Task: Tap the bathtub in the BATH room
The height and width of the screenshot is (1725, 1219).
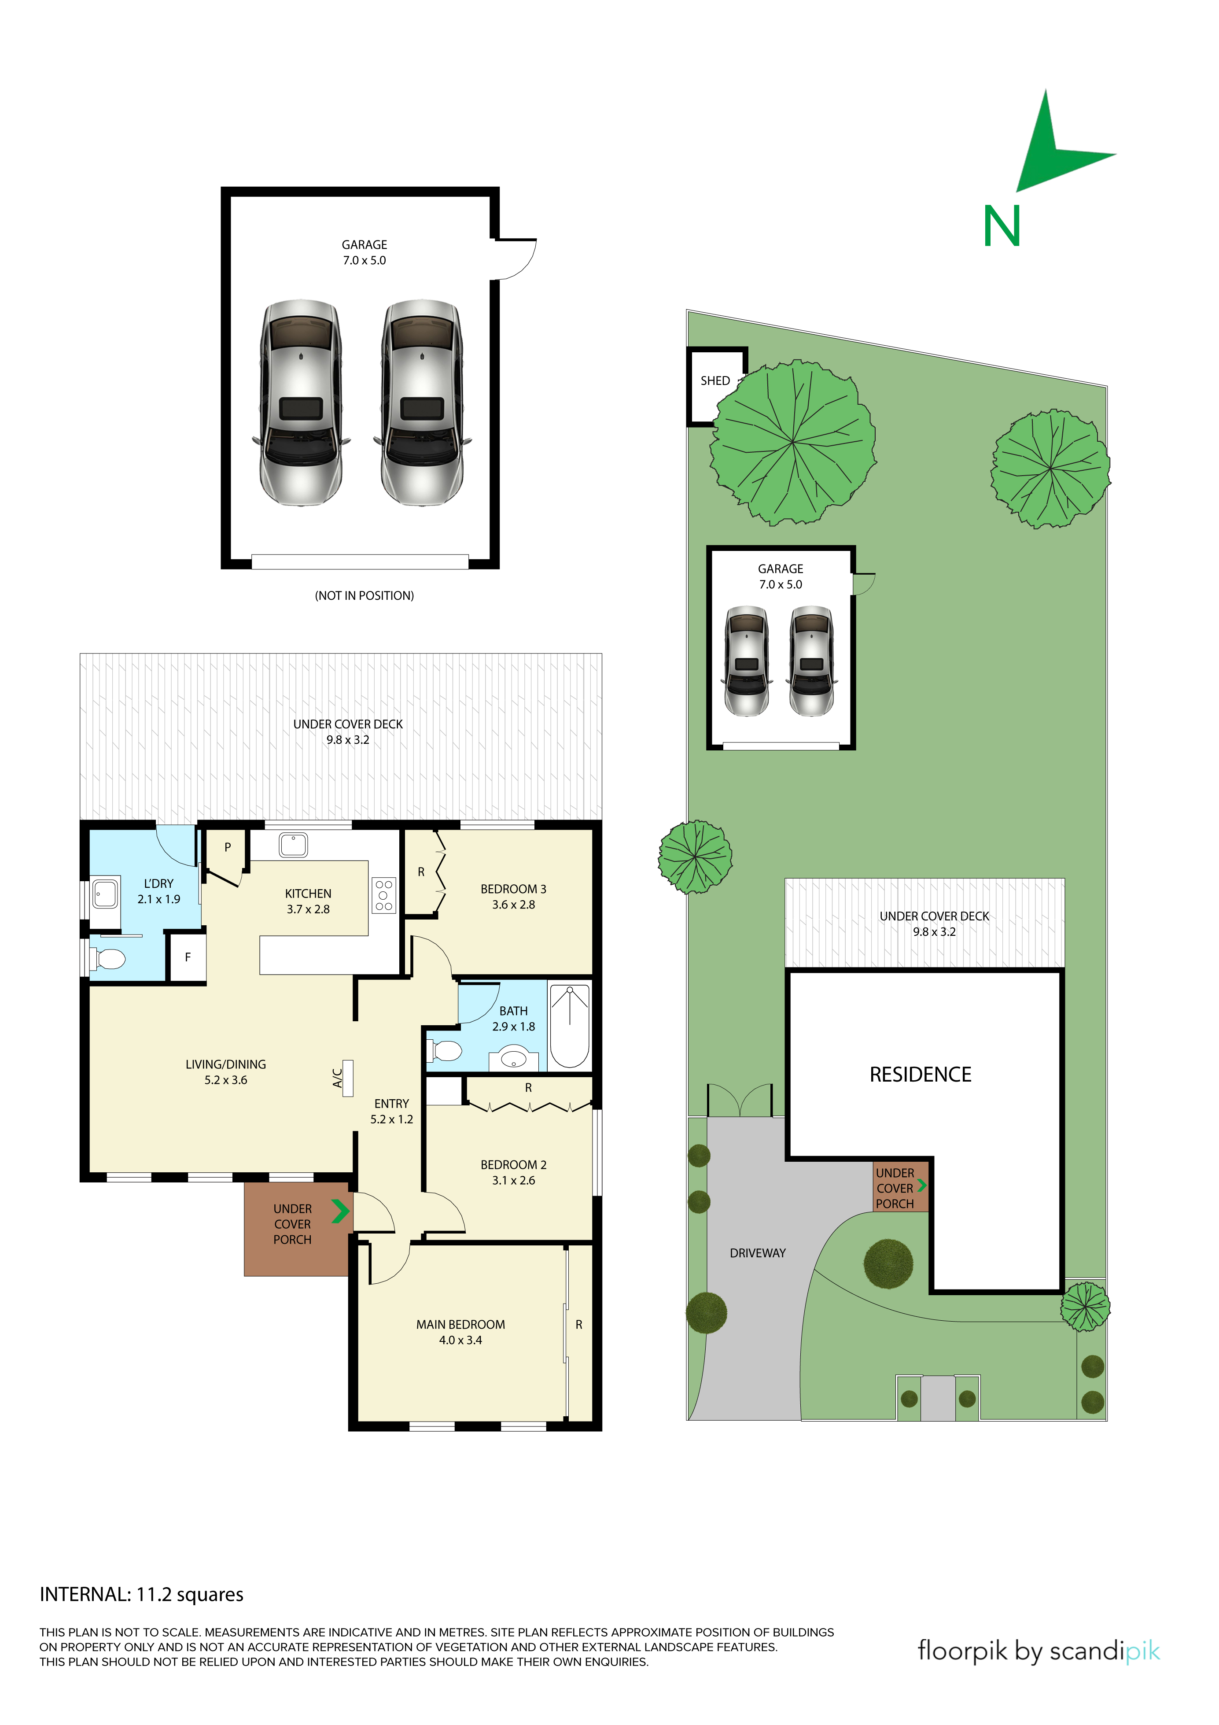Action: click(570, 1026)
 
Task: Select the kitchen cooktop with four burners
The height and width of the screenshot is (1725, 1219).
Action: click(384, 896)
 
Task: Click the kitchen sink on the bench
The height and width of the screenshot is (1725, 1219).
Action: click(293, 845)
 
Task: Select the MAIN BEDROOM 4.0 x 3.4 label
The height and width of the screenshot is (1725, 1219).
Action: click(460, 1332)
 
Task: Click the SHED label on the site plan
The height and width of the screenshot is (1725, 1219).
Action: click(715, 381)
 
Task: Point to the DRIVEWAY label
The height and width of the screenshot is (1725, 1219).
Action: click(757, 1253)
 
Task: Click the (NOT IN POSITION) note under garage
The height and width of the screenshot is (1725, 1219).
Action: click(364, 596)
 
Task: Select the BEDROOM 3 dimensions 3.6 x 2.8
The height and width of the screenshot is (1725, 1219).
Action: click(514, 905)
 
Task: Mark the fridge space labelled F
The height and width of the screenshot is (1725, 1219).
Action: click(187, 957)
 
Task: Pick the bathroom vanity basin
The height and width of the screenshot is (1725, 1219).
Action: click(514, 1059)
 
